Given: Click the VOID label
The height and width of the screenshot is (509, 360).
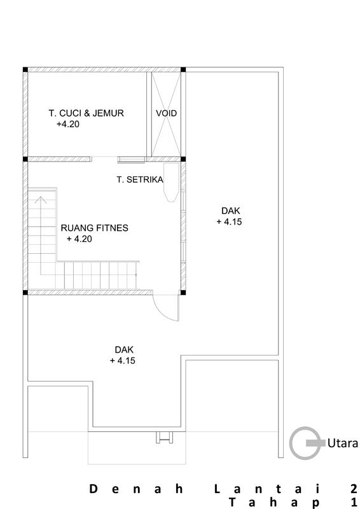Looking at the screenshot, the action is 166,113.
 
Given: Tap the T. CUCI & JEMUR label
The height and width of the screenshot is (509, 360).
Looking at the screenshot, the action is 87,113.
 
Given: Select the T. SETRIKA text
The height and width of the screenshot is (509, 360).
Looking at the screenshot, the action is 140,179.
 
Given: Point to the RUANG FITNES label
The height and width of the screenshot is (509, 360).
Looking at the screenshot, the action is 95,228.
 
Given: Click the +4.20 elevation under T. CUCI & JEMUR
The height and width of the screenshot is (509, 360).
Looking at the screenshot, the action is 68,124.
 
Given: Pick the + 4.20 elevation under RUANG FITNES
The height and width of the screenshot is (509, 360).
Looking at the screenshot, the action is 80,239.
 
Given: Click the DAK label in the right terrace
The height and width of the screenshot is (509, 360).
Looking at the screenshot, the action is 230,211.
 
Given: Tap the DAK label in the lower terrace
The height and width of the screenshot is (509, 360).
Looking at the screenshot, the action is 124,350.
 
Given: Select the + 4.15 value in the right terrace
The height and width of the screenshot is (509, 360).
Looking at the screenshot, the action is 229,222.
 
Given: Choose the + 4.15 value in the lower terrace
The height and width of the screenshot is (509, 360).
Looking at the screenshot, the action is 123,361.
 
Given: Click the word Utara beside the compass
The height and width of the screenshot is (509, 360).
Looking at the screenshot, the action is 342,443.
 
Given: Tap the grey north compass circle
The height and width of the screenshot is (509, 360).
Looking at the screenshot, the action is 290,443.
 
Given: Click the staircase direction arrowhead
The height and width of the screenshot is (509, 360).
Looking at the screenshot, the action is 41,200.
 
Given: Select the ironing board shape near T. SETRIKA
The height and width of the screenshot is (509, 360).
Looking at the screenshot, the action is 171,183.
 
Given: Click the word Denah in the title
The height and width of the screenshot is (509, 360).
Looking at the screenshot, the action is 135,489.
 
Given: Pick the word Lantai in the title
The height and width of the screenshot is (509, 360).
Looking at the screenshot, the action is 268,489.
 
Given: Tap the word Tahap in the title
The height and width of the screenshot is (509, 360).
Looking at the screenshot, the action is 275,503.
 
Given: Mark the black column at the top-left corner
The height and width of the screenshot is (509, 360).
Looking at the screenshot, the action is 25,69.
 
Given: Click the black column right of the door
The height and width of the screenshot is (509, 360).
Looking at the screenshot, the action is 183,293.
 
